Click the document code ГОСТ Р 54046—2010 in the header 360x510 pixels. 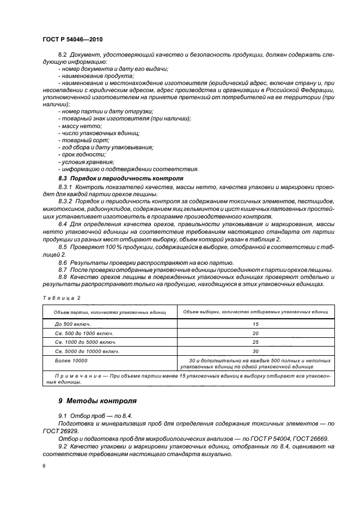pyautogui.click(x=72, y=40)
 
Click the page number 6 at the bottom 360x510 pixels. pyautogui.click(x=44, y=466)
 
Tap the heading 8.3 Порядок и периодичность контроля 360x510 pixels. pyautogui.click(x=120, y=178)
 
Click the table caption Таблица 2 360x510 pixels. pyautogui.click(x=61, y=299)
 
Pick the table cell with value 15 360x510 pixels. pyautogui.click(x=255, y=324)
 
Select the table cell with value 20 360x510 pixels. pyautogui.click(x=255, y=333)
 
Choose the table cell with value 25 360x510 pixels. pyautogui.click(x=255, y=342)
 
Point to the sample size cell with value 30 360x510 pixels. pyautogui.click(x=255, y=351)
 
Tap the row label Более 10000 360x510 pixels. pyautogui.click(x=70, y=360)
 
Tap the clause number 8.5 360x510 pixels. pyautogui.click(x=64, y=247)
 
